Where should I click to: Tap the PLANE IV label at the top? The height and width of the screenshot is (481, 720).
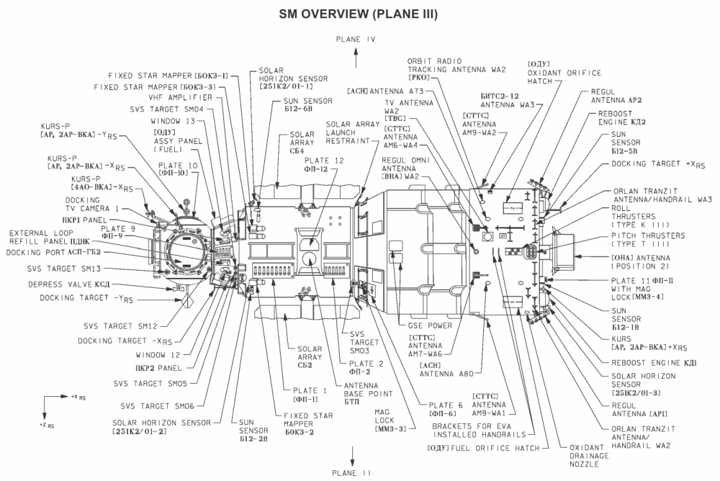click(x=352, y=41)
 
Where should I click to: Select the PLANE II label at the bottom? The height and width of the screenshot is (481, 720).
click(x=352, y=473)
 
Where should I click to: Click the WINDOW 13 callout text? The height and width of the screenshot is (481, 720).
click(x=173, y=121)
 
